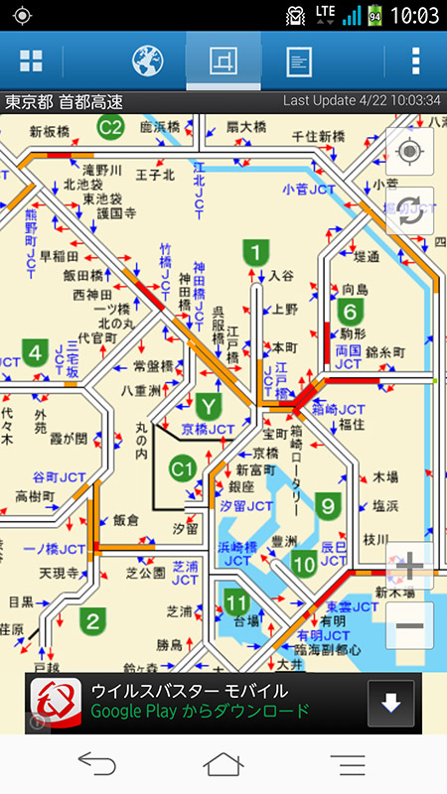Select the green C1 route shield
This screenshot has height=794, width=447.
[x=182, y=467]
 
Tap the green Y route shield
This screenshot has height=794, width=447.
[x=208, y=406]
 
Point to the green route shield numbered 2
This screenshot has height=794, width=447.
[x=92, y=622]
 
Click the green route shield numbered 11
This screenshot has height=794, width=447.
[x=235, y=601]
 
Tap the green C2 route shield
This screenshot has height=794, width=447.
[x=111, y=127]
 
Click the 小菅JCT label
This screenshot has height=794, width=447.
[x=308, y=189]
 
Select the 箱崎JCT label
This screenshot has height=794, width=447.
[x=339, y=409]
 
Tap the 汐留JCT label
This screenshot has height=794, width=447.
[x=245, y=505]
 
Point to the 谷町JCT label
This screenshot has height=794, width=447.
[x=59, y=476]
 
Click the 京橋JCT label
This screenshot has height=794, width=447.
[x=210, y=430]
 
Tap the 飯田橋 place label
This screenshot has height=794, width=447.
[x=82, y=275]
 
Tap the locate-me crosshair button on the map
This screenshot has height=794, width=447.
[x=408, y=152]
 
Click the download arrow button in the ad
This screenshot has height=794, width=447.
[x=390, y=704]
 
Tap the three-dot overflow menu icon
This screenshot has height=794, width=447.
[x=415, y=61]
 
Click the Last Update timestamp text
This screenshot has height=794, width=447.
[x=362, y=101]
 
